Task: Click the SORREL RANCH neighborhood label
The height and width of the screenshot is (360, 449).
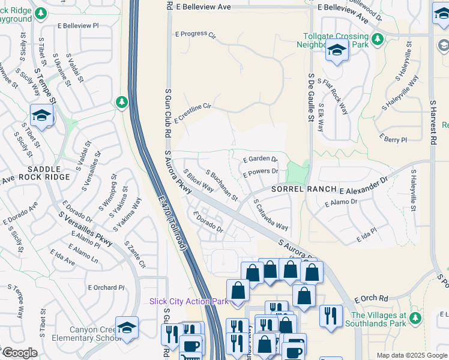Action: click(x=304, y=188)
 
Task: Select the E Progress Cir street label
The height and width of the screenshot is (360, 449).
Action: click(x=195, y=34)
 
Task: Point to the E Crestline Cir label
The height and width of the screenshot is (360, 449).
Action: click(x=193, y=113)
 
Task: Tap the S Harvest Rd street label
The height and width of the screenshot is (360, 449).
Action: click(x=432, y=123)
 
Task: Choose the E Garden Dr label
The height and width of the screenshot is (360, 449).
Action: click(x=260, y=159)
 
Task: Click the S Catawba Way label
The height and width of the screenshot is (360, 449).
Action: click(x=271, y=215)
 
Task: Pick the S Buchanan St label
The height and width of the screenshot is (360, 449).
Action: click(x=221, y=185)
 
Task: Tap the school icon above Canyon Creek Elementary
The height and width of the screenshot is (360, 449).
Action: click(x=127, y=328)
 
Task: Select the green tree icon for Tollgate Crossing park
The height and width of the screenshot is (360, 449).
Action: click(x=378, y=40)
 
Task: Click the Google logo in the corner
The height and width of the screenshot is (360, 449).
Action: click(x=19, y=353)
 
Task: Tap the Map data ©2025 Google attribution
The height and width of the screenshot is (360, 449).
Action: click(x=411, y=355)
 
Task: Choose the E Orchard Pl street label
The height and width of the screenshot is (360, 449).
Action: click(x=106, y=287)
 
